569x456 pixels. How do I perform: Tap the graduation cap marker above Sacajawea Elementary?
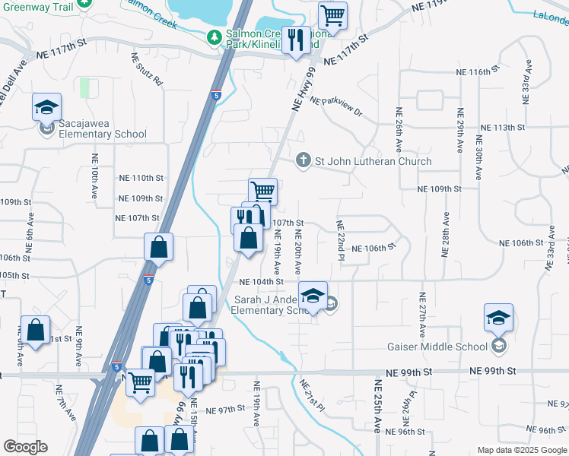point(46,107)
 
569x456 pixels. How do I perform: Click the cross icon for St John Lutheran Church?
point(303,160)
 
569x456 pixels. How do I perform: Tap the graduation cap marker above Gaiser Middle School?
point(499,318)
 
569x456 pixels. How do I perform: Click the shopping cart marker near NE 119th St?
point(332,15)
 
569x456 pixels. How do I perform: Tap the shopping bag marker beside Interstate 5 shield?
point(159,247)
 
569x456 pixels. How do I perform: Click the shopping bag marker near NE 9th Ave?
point(35,331)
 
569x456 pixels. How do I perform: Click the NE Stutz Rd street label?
point(147,68)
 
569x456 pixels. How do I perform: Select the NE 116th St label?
point(477,71)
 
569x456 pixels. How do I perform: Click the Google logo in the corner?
point(25,447)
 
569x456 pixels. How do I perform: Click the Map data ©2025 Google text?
point(521,450)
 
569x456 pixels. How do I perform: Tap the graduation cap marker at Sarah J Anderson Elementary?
point(313,295)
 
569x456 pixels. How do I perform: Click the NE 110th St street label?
point(141,178)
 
